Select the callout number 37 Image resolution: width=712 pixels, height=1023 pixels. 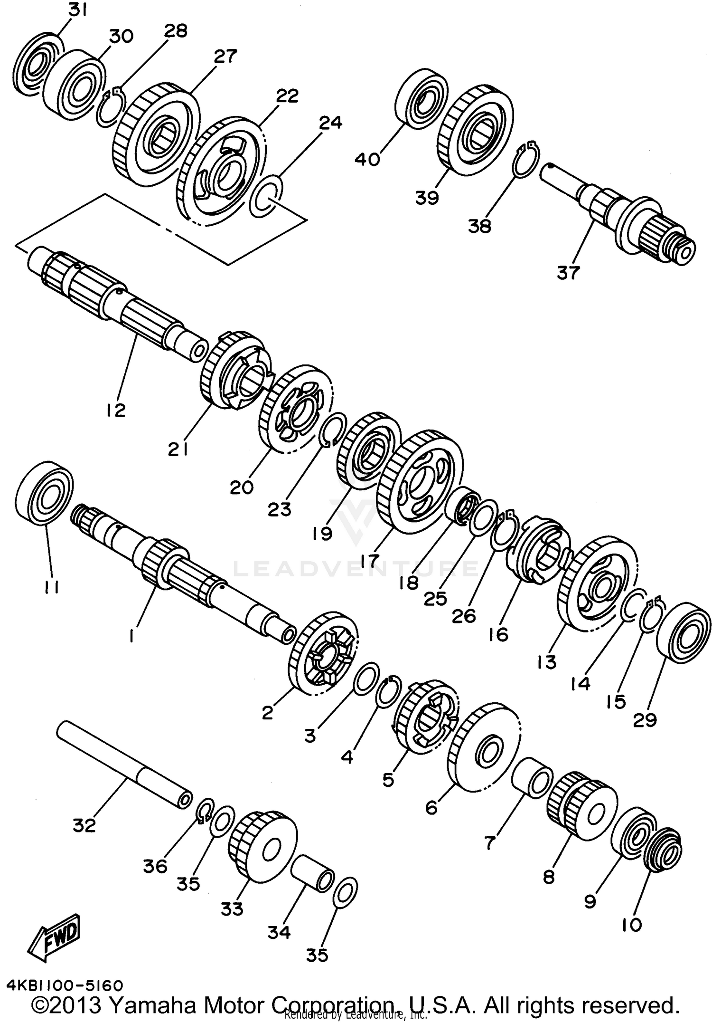click(x=569, y=273)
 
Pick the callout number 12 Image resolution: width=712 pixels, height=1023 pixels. click(x=115, y=409)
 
